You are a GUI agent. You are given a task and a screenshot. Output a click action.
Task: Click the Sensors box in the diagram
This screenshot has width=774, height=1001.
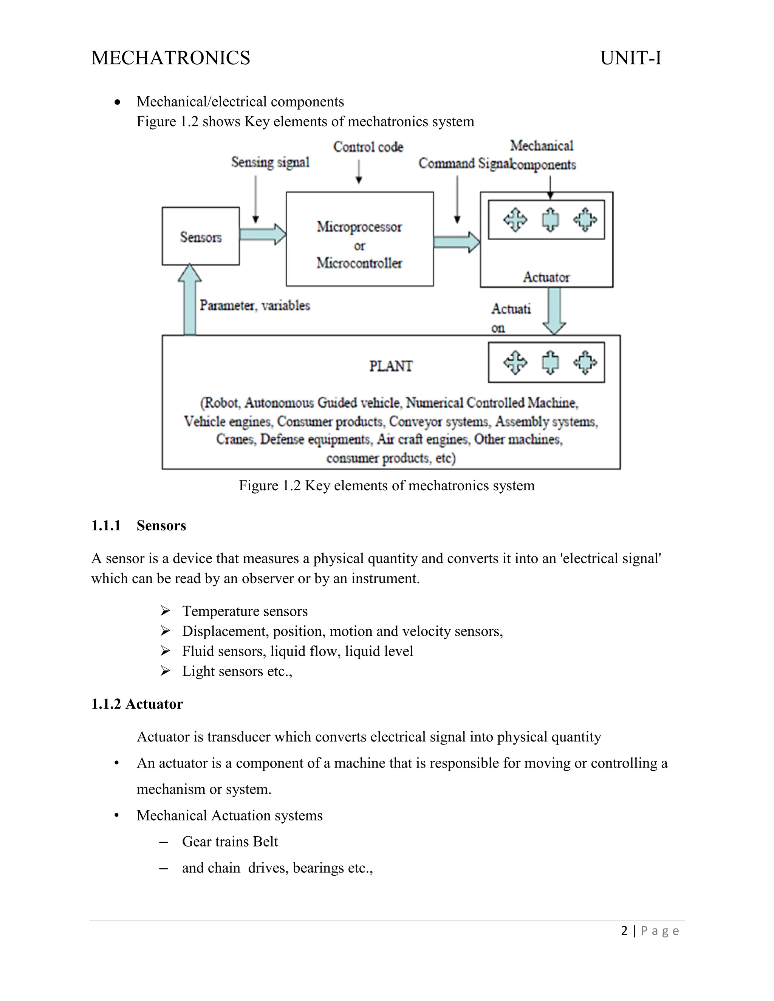200,236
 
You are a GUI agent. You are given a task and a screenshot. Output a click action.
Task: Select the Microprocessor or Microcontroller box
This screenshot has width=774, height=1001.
359,239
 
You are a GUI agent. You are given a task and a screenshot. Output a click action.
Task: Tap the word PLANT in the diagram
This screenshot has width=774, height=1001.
391,366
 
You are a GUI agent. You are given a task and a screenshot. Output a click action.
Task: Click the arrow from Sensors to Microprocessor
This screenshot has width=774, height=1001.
263,234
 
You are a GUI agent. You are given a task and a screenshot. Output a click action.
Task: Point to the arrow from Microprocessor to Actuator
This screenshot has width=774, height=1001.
456,241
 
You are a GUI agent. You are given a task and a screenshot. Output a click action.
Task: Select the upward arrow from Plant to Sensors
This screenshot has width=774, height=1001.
189,300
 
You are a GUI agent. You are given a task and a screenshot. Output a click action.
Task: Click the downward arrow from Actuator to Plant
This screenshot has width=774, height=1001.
554,311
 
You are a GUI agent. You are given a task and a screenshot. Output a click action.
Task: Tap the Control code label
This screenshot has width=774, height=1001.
368,147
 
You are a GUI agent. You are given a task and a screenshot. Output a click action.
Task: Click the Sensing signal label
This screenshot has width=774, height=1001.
270,162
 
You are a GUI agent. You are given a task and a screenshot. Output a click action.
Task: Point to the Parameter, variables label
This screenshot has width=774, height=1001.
255,305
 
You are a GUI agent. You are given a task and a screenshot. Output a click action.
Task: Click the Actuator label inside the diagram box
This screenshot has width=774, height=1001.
546,277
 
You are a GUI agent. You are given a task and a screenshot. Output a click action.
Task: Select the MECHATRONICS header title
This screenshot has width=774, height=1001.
170,58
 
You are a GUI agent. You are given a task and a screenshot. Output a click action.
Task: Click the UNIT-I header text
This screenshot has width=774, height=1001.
630,58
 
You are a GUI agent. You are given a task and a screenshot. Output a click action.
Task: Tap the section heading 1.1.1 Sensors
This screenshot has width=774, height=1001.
138,526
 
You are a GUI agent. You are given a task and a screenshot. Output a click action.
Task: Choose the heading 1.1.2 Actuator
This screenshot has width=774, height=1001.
137,704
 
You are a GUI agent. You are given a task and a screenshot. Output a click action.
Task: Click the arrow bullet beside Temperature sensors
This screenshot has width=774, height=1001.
165,611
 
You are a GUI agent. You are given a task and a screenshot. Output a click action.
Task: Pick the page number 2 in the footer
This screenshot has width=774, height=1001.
624,931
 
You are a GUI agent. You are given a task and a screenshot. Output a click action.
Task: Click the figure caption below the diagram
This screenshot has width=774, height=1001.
387,485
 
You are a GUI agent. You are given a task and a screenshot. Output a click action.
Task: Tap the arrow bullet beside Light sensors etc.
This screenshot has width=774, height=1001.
165,671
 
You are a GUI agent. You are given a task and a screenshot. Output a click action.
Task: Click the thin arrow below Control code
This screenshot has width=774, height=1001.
359,172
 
